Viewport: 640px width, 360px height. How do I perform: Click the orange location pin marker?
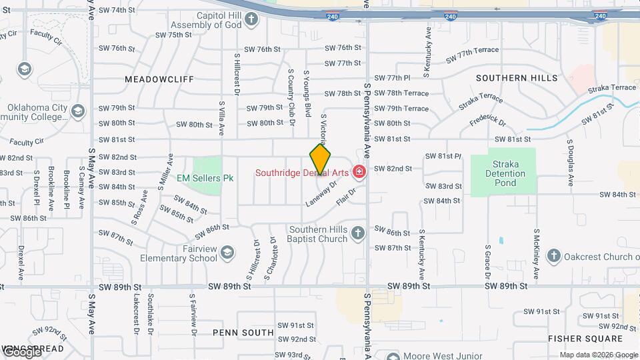(321, 160)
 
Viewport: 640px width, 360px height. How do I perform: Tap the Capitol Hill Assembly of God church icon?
(251, 19)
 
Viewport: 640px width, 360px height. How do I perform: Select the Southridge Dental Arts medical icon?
(360, 173)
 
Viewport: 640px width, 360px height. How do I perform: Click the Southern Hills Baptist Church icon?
(358, 233)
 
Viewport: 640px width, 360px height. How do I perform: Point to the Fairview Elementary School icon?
(227, 251)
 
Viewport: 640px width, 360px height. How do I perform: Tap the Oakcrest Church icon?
(553, 255)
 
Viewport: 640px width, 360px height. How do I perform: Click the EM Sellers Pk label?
(205, 178)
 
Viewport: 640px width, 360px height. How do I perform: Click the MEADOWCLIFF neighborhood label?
(159, 79)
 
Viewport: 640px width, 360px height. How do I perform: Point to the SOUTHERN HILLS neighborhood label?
(517, 78)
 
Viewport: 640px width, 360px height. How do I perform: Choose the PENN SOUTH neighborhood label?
(243, 332)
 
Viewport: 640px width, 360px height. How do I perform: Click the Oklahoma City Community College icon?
(78, 111)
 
